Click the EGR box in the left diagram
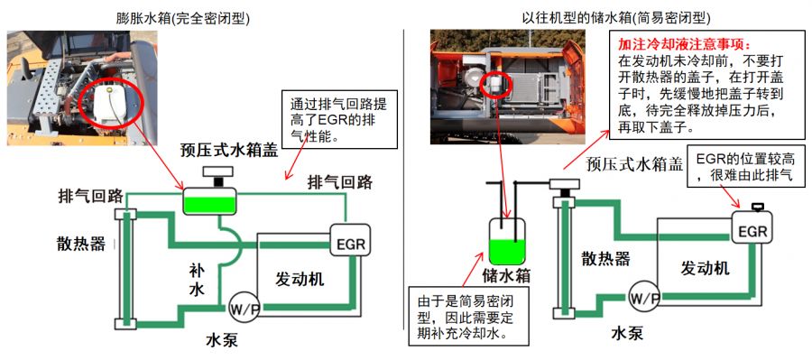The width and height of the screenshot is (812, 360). pos(350,239)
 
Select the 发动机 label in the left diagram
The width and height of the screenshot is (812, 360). pos(299,279)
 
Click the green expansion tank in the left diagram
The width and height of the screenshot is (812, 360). pos(209,201)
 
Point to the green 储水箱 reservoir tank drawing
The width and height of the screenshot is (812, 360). pos(507,241)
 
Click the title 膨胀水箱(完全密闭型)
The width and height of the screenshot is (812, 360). pos(183,19)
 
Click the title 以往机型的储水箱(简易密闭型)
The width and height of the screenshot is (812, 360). pos(616,19)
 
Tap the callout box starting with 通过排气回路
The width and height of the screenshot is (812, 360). pos(338,119)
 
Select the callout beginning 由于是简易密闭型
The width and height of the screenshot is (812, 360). pos(468,316)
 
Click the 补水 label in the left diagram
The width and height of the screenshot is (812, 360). pos(198,281)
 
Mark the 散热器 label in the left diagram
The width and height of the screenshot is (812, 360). pos(81,243)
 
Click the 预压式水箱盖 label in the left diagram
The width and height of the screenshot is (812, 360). pos(228,150)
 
